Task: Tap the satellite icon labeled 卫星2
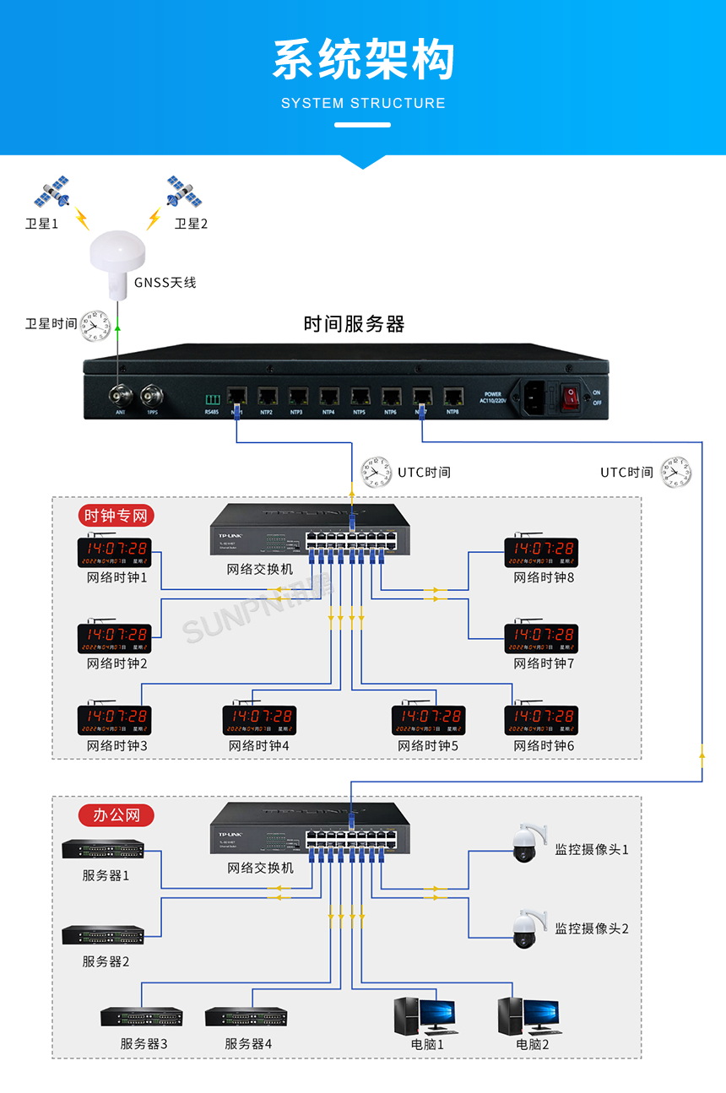184,192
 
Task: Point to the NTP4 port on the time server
329,395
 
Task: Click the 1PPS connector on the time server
152,393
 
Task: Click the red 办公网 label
116,814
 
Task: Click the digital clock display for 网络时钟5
428,720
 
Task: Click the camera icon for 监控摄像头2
526,928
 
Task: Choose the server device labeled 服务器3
142,1017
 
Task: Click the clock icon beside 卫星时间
95,326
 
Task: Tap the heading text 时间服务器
354,324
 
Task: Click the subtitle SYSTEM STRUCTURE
363,103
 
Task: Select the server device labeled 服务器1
103,849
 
